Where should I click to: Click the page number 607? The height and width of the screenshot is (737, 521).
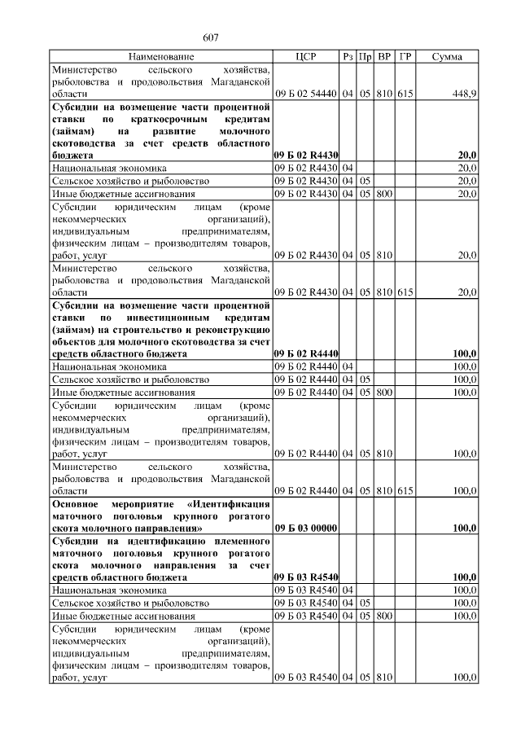pyautogui.click(x=210, y=37)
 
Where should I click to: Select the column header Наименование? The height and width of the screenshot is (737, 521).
pyautogui.click(x=160, y=57)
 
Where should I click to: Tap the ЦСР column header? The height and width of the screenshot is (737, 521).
pyautogui.click(x=305, y=57)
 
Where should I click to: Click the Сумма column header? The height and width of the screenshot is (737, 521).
pyautogui.click(x=447, y=57)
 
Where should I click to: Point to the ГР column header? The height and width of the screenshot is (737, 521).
pyautogui.click(x=405, y=57)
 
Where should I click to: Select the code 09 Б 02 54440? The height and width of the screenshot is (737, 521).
pyautogui.click(x=305, y=94)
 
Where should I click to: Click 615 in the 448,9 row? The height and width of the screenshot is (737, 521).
pyautogui.click(x=405, y=94)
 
